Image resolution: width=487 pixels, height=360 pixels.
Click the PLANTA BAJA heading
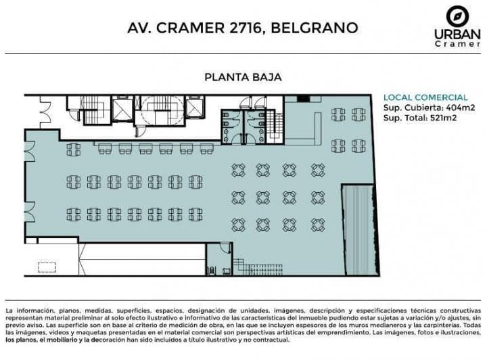243,76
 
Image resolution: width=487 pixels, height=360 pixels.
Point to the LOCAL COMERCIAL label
425,97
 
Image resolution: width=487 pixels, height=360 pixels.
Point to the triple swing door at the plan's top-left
45,112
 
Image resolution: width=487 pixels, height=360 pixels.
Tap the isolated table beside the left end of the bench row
74,149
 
